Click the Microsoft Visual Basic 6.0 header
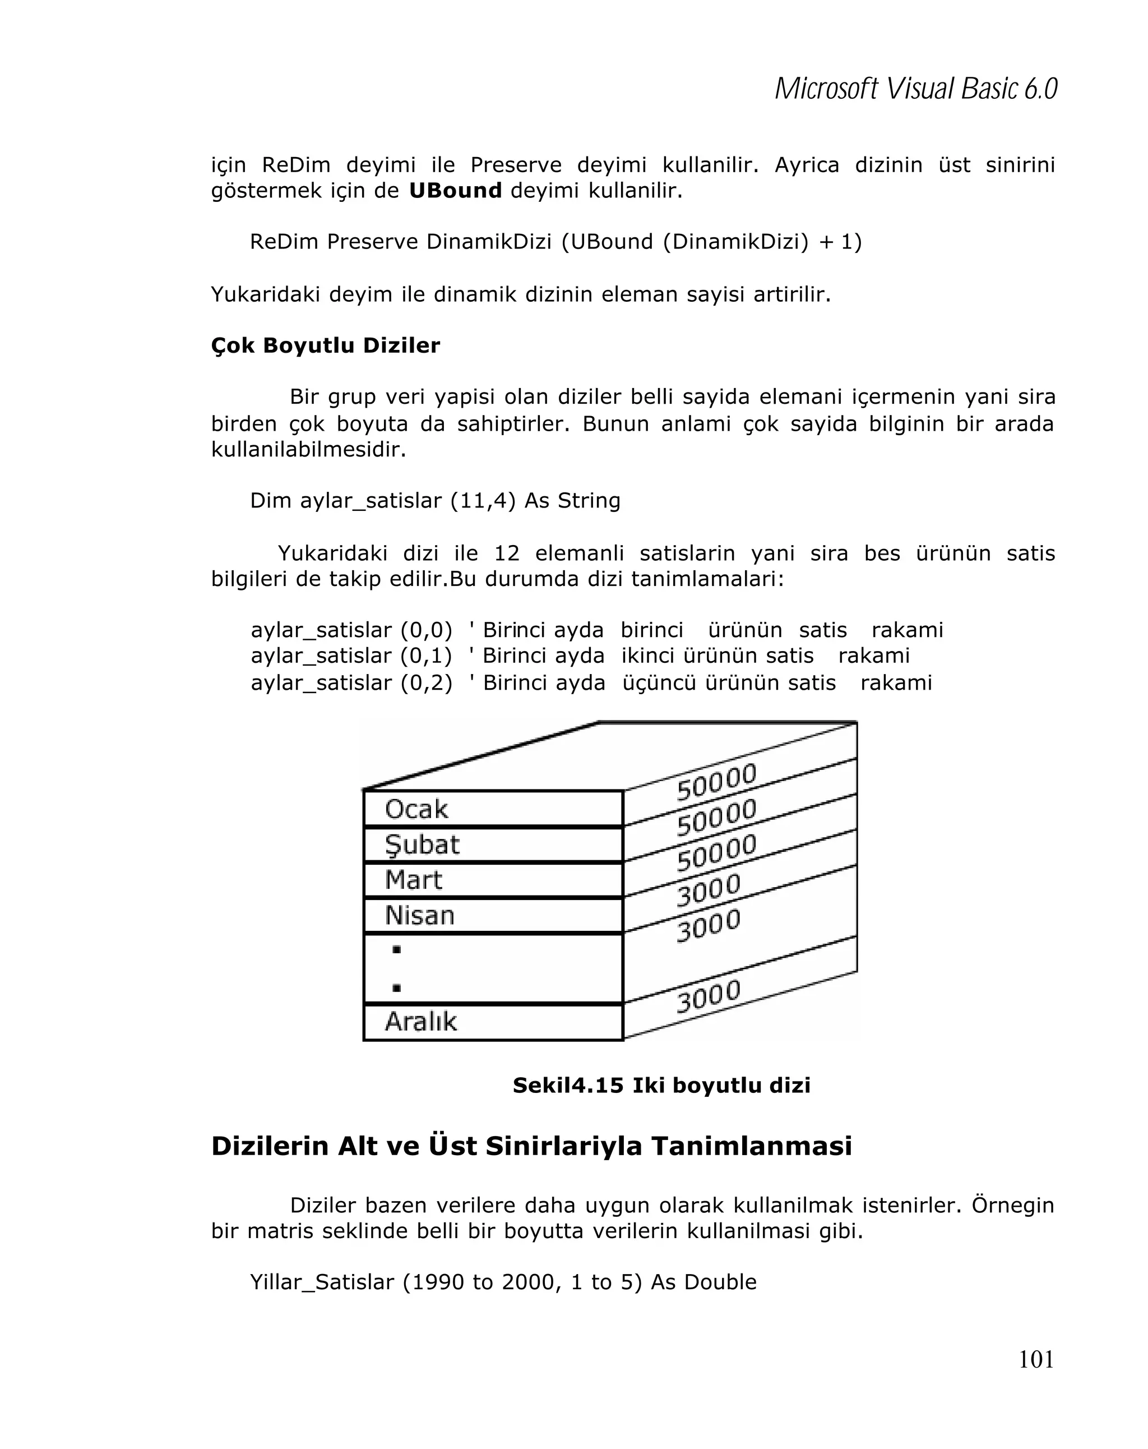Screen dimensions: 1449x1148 click(x=915, y=89)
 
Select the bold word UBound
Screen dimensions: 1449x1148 click(x=455, y=191)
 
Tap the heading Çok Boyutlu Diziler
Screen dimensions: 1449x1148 click(x=325, y=345)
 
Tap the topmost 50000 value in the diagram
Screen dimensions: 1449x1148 click(x=716, y=782)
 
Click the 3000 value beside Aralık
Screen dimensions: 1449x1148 click(x=708, y=996)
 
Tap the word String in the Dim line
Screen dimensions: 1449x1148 click(x=589, y=501)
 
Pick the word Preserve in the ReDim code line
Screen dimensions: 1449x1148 click(x=373, y=242)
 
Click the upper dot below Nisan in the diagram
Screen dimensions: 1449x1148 click(x=396, y=950)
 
